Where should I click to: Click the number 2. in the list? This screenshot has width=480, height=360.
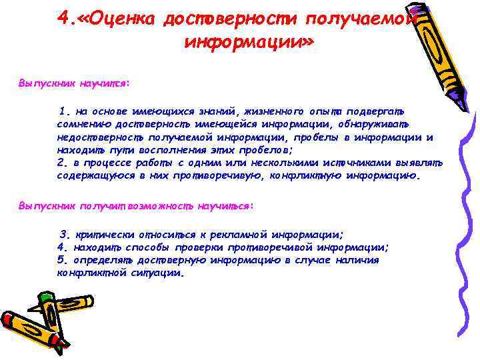pos(63,163)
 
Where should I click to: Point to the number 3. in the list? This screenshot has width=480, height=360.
pos(65,235)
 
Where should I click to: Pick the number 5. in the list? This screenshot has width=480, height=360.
pos(63,260)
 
